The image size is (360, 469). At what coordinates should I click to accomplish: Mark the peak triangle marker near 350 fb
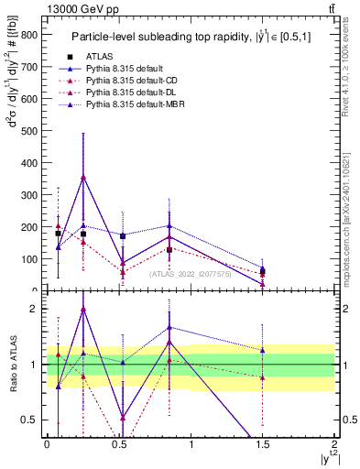pyautogui.click(x=83, y=178)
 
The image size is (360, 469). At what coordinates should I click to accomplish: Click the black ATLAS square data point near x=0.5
pyautogui.click(x=123, y=235)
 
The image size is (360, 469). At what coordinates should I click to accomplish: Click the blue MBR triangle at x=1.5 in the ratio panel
pyautogui.click(x=263, y=350)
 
